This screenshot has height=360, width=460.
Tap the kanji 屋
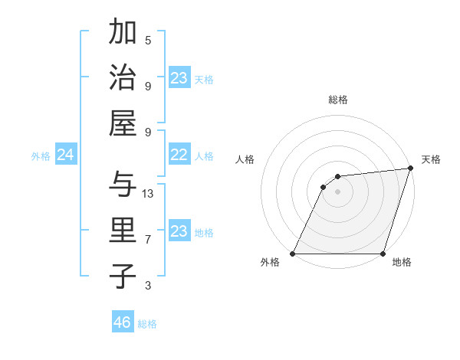point(123,123)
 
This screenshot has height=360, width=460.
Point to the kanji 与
point(123,184)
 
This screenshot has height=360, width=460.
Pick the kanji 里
point(123,230)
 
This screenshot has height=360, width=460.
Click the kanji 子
point(123,276)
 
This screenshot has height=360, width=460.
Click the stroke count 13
point(148,194)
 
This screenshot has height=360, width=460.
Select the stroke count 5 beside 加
point(148,40)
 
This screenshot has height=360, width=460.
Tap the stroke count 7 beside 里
point(148,240)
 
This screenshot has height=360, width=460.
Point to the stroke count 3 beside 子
point(148,286)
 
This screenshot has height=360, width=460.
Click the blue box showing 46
point(123,322)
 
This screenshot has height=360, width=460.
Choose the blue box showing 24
point(65,155)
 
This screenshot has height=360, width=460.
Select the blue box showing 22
point(179,155)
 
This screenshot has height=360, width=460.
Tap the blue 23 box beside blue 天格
point(179,78)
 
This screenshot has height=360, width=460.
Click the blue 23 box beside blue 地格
point(179,231)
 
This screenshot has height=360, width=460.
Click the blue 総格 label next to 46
point(147,324)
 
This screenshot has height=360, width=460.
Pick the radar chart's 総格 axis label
point(338,100)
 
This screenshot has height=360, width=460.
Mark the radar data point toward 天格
point(411,169)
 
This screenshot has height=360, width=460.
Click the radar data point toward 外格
point(293,254)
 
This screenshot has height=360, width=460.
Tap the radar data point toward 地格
point(383,254)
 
